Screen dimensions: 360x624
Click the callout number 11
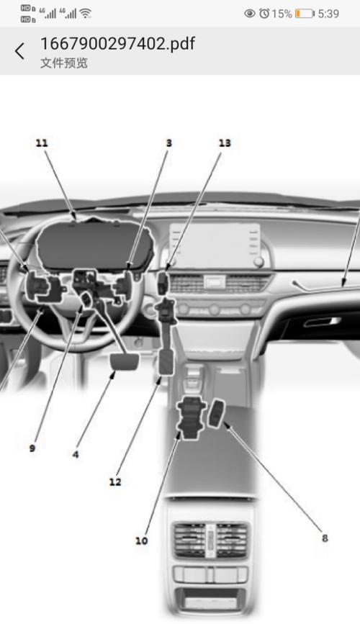[x=42, y=143]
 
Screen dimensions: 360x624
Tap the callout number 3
[x=169, y=143]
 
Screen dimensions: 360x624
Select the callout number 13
[x=225, y=143]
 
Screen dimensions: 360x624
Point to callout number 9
[x=32, y=448]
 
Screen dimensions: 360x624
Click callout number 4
[x=76, y=454]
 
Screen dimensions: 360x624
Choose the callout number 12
[x=115, y=482]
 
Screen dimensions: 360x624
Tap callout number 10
[x=141, y=541]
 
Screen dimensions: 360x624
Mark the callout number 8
[x=325, y=538]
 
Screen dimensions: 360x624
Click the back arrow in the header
[x=19, y=51]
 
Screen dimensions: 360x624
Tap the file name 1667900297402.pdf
[x=118, y=43]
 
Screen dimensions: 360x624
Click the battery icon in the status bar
[x=305, y=14]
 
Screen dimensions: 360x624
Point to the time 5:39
[x=328, y=14]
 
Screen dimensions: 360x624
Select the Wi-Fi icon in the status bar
[x=86, y=14]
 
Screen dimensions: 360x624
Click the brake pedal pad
[x=125, y=362]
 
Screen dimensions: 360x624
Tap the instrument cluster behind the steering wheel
[x=95, y=243]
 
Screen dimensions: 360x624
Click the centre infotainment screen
[x=215, y=245]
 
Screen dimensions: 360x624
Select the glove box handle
[x=323, y=322]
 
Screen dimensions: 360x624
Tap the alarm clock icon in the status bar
[x=264, y=14]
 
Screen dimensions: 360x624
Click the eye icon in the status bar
[x=250, y=14]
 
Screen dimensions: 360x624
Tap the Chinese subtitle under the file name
[x=63, y=63]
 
